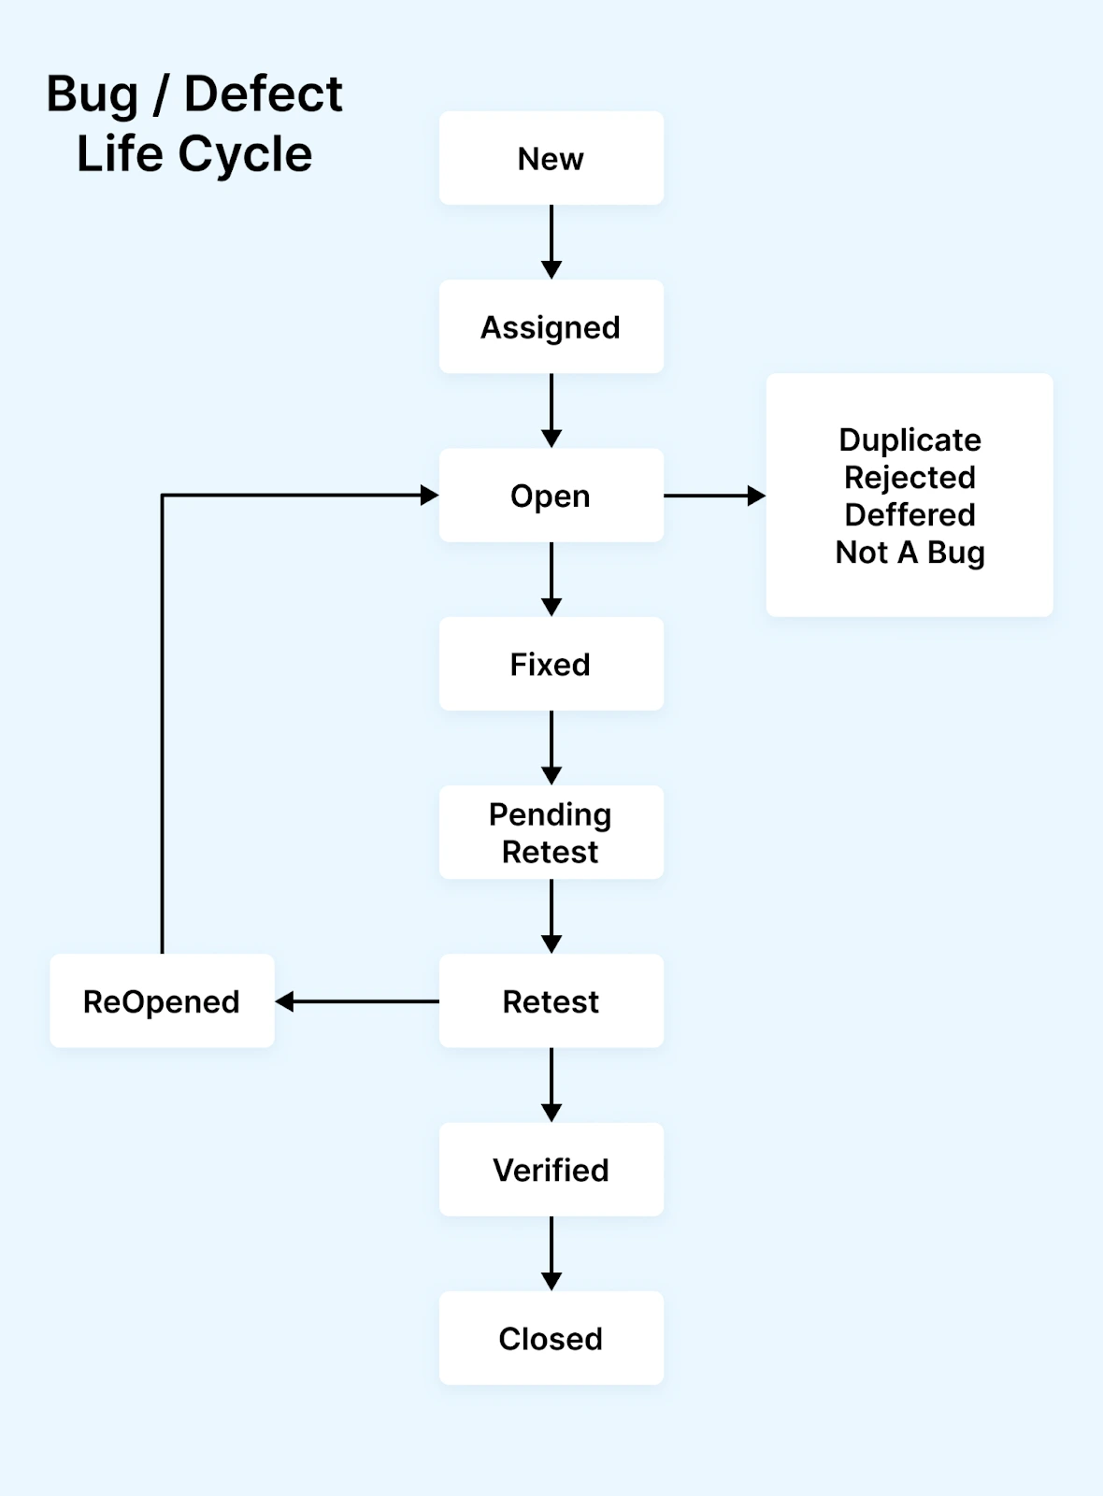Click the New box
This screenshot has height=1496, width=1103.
[551, 159]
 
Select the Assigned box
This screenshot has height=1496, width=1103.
[551, 327]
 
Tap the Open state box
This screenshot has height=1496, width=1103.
[551, 496]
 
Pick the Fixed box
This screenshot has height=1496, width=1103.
[551, 664]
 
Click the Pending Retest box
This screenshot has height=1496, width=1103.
[551, 832]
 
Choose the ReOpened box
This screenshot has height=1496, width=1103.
[162, 1001]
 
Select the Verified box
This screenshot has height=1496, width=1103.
[551, 1170]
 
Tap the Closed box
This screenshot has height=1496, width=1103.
[551, 1338]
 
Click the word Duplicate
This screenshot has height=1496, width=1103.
[910, 439]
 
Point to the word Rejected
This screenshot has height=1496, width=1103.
[910, 477]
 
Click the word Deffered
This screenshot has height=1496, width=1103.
[910, 514]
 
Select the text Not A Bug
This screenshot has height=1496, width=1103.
[910, 552]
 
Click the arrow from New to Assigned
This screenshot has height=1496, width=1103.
[551, 241]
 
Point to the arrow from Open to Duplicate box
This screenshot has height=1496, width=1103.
[714, 496]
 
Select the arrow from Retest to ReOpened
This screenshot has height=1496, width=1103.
[357, 1001]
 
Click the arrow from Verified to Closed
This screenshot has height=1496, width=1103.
[551, 1253]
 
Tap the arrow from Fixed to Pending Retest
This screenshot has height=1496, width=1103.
[551, 747]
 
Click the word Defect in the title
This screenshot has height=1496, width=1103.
[264, 93]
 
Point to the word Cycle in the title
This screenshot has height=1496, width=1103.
[245, 153]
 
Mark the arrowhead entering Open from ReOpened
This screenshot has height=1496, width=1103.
[430, 496]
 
